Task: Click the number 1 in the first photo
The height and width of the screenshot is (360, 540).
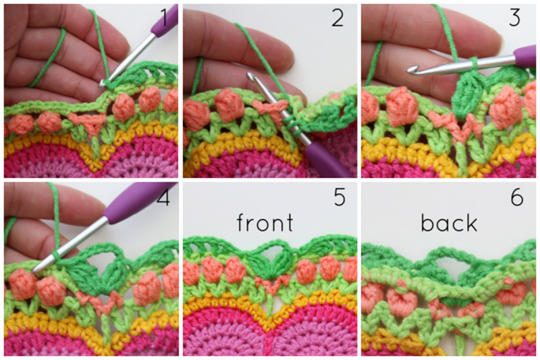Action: tap(164, 18)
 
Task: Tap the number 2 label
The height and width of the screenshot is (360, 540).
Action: tap(337, 18)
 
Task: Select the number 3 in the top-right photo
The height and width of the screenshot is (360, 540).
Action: tap(514, 18)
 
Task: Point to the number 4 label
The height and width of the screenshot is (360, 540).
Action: tap(163, 197)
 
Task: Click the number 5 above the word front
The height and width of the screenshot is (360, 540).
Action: tap(340, 197)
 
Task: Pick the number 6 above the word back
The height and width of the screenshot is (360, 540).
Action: tap(517, 197)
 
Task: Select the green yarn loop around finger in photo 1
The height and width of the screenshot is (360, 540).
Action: tap(48, 59)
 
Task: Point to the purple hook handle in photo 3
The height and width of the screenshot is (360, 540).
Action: tap(525, 55)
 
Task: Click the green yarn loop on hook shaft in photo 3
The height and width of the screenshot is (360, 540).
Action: tap(475, 63)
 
